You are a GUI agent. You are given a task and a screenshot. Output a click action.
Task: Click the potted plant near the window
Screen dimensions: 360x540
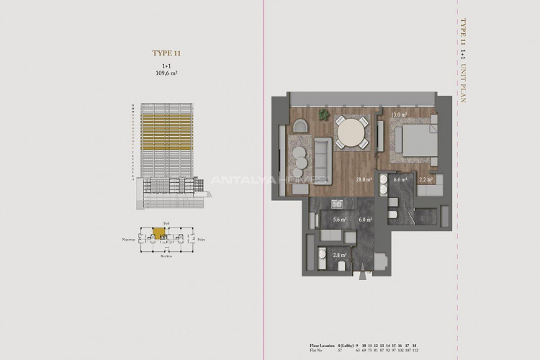(x=324, y=114)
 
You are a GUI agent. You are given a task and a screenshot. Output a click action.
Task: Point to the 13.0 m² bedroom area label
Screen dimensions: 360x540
(x=399, y=114)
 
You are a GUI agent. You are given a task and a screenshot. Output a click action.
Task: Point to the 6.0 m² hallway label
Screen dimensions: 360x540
(x=364, y=220)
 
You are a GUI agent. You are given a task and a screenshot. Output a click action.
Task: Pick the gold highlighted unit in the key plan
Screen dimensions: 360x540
(x=158, y=233)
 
